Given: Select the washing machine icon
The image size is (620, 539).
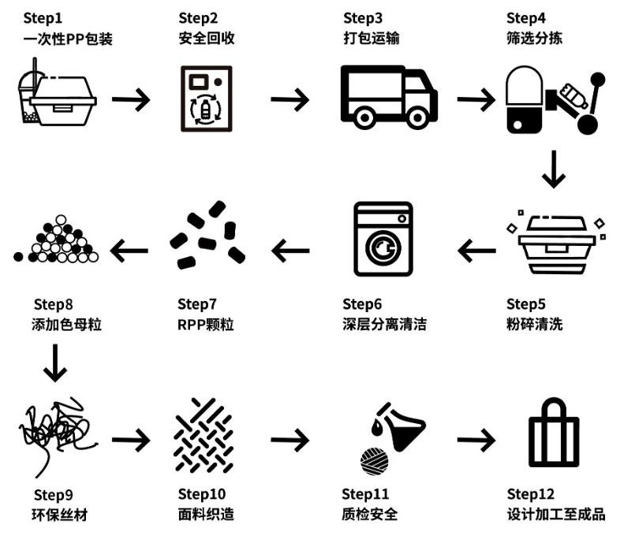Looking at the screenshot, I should point(383,241).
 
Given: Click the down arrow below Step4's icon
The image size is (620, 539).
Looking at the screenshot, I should point(554,169).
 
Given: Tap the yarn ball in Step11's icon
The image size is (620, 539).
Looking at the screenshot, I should point(371,459).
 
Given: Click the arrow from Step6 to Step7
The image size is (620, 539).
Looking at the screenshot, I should point(290,251).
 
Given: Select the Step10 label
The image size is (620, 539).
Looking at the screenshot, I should point(202,495).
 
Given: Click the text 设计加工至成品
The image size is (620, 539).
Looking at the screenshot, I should point(555,515).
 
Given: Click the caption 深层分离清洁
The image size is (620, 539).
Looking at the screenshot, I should point(384,324).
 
